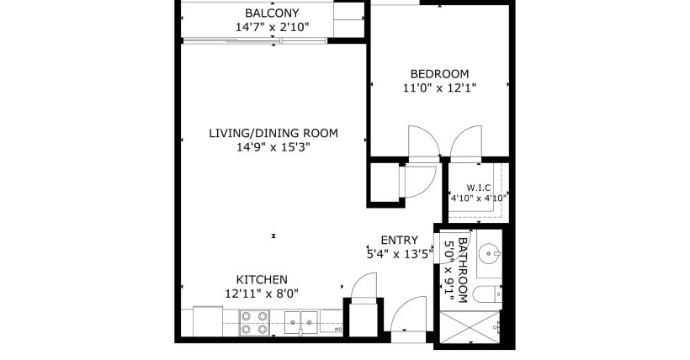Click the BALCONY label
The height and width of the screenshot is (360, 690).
[x=272, y=13]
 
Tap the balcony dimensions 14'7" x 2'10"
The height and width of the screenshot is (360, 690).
[x=272, y=28]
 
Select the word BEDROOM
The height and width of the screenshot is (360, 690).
[x=440, y=73]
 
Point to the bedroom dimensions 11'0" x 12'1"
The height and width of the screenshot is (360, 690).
[x=440, y=87]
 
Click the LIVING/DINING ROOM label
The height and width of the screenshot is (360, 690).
[x=273, y=133]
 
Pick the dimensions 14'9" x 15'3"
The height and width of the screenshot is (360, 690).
[x=273, y=147]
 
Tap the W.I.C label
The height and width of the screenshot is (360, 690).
[x=475, y=187]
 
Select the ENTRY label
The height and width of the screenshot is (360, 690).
[x=399, y=240]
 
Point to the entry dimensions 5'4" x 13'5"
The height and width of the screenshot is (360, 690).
[x=399, y=252]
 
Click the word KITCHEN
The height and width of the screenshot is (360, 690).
[x=262, y=279]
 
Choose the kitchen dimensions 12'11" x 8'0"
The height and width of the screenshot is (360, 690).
[x=262, y=293]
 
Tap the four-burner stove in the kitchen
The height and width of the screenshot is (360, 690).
[x=255, y=322]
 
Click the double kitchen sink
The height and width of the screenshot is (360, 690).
[x=300, y=320]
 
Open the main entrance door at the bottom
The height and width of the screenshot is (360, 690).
[x=410, y=320]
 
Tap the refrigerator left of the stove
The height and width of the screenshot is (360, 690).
[x=207, y=320]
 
